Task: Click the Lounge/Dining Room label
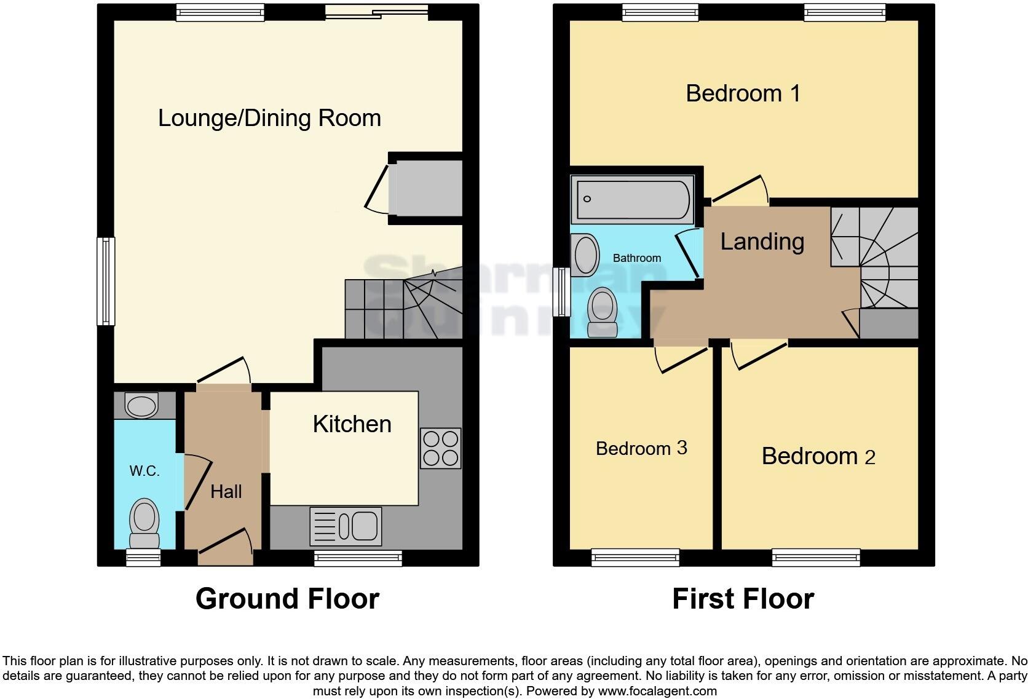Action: [x=269, y=118]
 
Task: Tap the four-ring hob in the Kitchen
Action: [x=440, y=448]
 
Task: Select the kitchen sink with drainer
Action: [x=346, y=526]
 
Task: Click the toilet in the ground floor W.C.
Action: [x=144, y=523]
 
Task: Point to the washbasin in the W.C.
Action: [x=141, y=406]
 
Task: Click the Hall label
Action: [x=226, y=491]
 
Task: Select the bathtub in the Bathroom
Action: [x=632, y=199]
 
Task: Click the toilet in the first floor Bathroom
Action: [x=603, y=312]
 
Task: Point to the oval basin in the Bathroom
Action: [x=585, y=256]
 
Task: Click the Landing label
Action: [x=762, y=242]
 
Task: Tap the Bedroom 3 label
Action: [x=641, y=448]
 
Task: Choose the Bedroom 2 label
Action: [x=818, y=456]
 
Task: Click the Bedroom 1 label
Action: [x=743, y=93]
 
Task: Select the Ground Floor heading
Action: [x=287, y=599]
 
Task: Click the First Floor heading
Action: [x=743, y=599]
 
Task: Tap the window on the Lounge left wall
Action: [x=106, y=282]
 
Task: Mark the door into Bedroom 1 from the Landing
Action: [x=738, y=194]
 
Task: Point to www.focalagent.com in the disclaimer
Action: [x=657, y=691]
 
